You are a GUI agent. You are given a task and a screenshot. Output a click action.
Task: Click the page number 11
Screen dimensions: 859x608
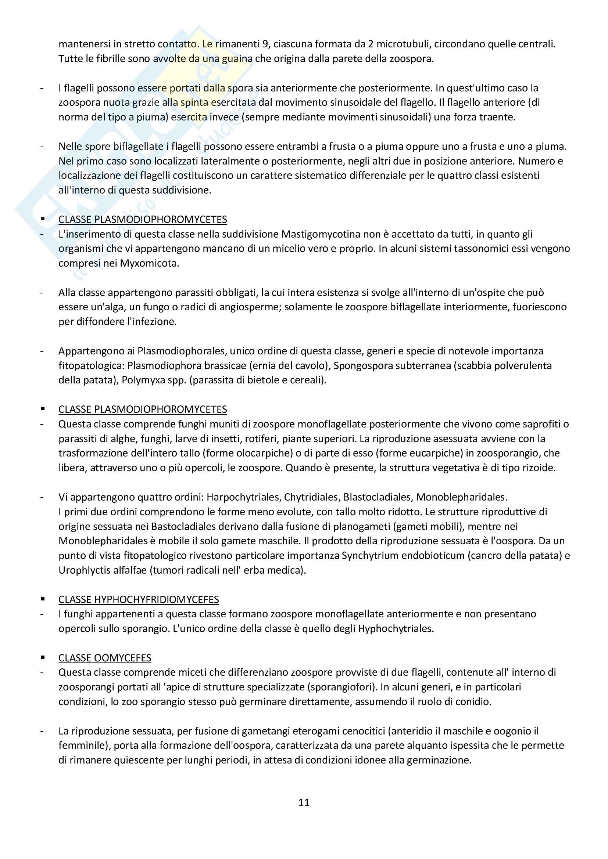click(304, 802)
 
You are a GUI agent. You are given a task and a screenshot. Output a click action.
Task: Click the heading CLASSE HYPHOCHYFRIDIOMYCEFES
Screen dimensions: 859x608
click(139, 599)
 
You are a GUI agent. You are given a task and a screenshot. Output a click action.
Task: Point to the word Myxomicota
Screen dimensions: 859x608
click(149, 263)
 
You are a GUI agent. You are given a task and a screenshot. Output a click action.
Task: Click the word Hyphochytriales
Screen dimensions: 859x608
click(396, 628)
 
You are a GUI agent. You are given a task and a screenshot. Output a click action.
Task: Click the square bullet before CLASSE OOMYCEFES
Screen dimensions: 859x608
click(43, 657)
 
